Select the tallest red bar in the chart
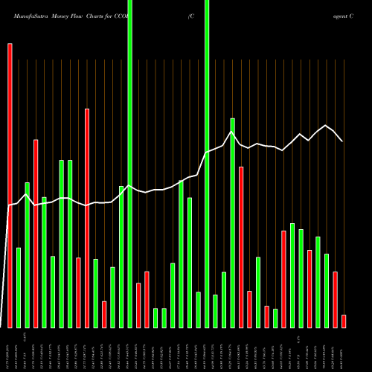[x=10, y=186]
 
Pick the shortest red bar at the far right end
[x=344, y=321]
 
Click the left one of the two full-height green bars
[x=130, y=164]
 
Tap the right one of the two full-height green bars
[x=207, y=164]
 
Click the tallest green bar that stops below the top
[x=233, y=223]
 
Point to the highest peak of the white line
[x=325, y=126]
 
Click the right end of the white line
[x=342, y=141]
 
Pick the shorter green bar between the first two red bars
[x=19, y=287]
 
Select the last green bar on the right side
[x=327, y=290]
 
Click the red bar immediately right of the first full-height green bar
[x=138, y=305]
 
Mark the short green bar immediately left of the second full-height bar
[x=199, y=310]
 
